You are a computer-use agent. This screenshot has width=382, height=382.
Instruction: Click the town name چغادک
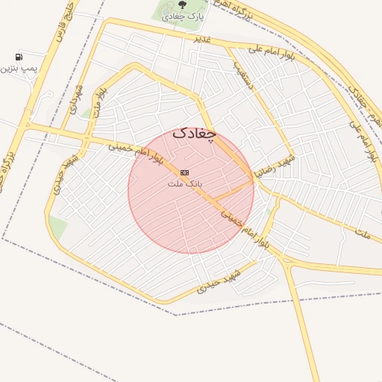(x=194, y=134)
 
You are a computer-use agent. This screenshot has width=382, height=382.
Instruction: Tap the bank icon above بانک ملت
(x=184, y=172)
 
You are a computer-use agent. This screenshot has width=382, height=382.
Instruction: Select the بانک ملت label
(x=185, y=183)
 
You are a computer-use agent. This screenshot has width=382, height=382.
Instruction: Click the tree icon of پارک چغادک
(x=184, y=6)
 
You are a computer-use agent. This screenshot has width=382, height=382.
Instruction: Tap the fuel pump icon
(x=18, y=56)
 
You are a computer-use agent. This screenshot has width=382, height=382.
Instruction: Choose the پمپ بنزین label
(x=18, y=68)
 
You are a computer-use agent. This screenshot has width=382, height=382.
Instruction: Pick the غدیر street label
(x=203, y=38)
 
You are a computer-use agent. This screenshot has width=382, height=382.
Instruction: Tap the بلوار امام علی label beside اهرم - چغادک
(x=363, y=142)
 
